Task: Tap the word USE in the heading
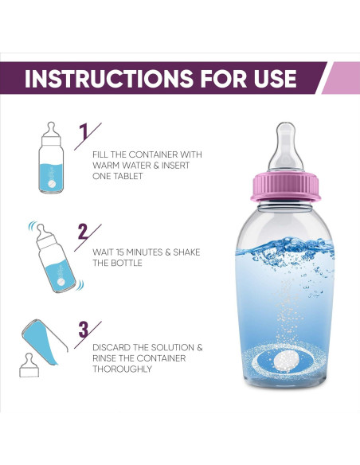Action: point(268,79)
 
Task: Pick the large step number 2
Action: point(83,232)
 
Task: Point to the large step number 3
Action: point(84,328)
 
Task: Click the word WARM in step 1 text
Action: point(108,165)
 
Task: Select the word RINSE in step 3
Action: point(108,359)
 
